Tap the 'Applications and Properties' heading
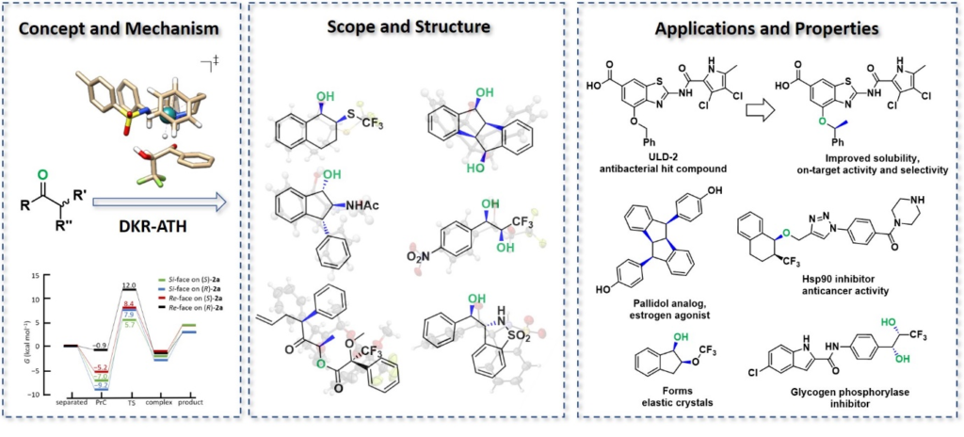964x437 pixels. tap(766, 27)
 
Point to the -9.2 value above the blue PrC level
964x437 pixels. tap(103, 385)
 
